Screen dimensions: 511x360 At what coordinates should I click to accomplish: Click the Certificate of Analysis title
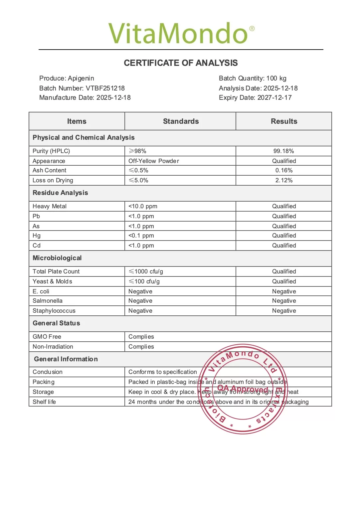point(181,63)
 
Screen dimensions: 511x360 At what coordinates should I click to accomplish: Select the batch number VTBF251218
point(105,88)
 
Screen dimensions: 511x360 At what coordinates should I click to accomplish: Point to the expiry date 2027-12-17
point(274,97)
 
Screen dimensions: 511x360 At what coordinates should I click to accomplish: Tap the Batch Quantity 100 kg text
point(253,78)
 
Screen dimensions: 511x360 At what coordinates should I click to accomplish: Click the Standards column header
point(181,121)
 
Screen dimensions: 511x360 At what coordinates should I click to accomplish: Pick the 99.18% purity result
point(283,151)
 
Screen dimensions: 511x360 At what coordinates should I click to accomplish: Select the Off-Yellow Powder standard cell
point(154,161)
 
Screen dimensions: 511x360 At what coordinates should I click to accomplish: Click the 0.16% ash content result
point(284,170)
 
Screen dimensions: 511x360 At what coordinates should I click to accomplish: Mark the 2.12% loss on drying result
point(284,180)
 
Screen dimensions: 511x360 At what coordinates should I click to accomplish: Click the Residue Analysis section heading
point(60,193)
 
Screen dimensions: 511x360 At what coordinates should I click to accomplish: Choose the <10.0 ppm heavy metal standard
point(143,206)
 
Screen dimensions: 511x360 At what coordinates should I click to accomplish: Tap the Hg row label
point(37,236)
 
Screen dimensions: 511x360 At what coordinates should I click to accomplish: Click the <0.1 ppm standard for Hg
point(141,236)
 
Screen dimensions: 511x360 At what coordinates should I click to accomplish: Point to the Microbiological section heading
point(57,258)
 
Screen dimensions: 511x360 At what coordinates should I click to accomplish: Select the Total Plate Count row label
point(56,271)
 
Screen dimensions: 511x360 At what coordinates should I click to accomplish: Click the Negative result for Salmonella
point(284,301)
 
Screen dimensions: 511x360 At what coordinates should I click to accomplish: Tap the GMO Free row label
point(47,337)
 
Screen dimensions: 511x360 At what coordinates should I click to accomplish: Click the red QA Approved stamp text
point(243,389)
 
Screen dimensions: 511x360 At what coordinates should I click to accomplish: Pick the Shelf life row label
point(44,402)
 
